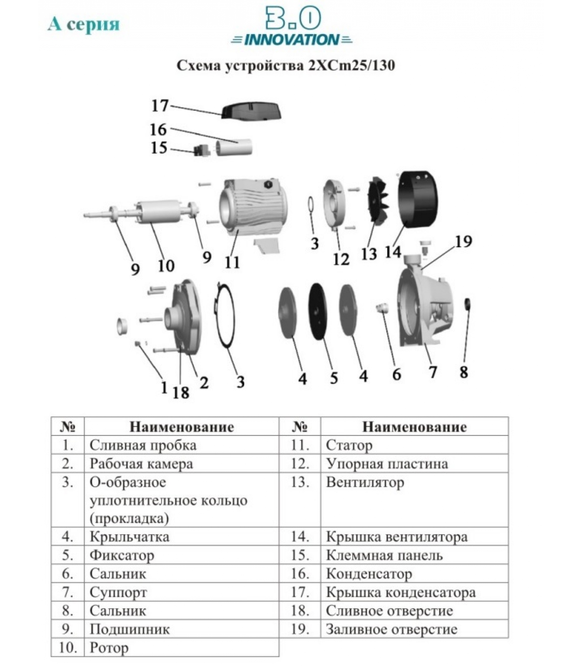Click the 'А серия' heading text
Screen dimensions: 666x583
(x=84, y=24)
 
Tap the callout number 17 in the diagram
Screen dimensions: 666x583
(x=159, y=106)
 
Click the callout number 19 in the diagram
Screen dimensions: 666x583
(x=463, y=241)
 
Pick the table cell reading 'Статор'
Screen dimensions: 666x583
(x=349, y=445)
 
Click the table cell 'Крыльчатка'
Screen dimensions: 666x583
(x=130, y=537)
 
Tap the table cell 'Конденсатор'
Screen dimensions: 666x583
(x=369, y=574)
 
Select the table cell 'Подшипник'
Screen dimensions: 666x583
(x=130, y=629)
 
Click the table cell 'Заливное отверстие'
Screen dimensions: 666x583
(x=391, y=629)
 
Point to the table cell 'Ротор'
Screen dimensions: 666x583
(x=109, y=648)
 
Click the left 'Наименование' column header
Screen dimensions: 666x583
(x=182, y=427)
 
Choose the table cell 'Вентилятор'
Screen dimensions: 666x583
(x=365, y=482)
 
